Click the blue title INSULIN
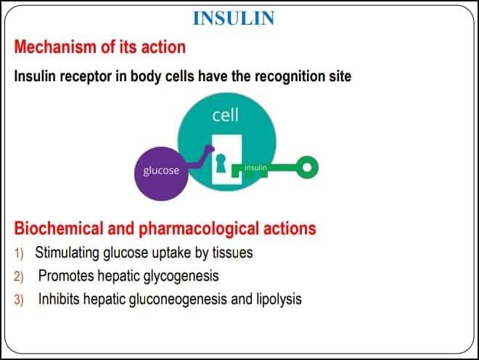(233, 18)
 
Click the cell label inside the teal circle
(225, 115)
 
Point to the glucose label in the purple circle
(161, 171)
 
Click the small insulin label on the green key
(256, 168)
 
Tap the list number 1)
(20, 254)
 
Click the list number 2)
(20, 277)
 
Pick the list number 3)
(20, 300)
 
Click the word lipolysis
(278, 299)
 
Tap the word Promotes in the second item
(64, 277)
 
